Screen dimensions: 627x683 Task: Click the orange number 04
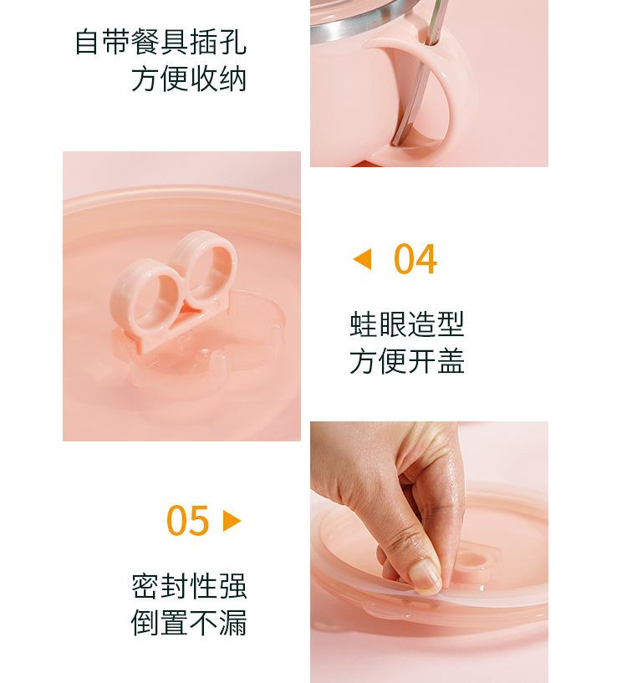pos(415,259)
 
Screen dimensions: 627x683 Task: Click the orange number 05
pos(188,521)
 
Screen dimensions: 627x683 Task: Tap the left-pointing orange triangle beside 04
pos(363,259)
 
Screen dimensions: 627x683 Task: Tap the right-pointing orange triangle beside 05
pos(232,521)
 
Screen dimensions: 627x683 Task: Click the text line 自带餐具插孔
pos(161,43)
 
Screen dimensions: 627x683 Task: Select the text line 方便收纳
pos(189,79)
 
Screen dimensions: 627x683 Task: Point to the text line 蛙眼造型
pos(407,324)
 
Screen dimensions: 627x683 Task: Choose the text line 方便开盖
pos(407,360)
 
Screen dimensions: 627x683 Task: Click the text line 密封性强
pos(189,586)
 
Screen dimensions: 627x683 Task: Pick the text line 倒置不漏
pos(189,623)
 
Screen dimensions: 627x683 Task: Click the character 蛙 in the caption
pos(364,324)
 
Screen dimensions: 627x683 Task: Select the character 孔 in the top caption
pos(232,43)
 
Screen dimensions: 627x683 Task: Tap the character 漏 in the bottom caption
pos(232,623)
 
